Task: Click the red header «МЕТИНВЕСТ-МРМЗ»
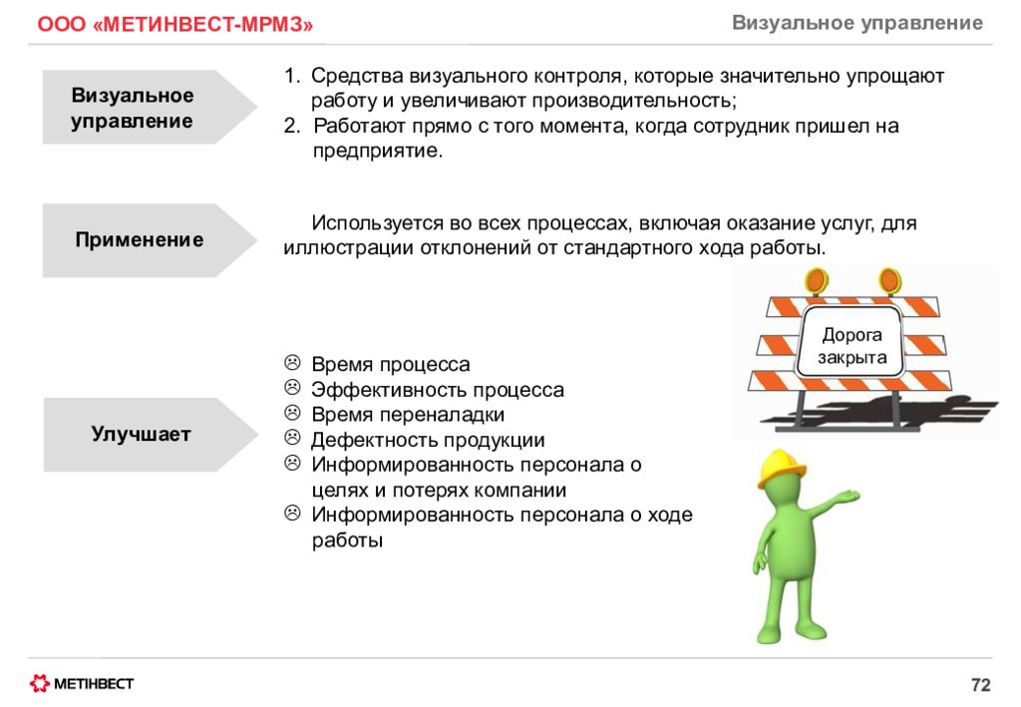point(175,24)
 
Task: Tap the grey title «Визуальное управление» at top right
point(857,23)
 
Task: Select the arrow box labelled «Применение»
point(150,240)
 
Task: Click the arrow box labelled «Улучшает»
point(151,434)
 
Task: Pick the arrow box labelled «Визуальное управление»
point(150,107)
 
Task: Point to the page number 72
point(981,684)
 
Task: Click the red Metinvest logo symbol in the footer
point(40,683)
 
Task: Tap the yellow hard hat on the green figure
point(781,467)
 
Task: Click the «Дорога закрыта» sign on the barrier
point(851,344)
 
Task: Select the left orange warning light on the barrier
point(816,281)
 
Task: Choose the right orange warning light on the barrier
point(889,281)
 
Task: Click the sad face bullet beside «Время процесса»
point(292,362)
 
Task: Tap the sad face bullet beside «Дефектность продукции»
point(292,438)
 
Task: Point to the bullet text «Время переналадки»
point(408,415)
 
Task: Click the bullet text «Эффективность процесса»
point(438,389)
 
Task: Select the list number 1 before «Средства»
point(291,76)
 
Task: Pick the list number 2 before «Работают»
point(292,125)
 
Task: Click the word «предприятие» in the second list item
point(378,151)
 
